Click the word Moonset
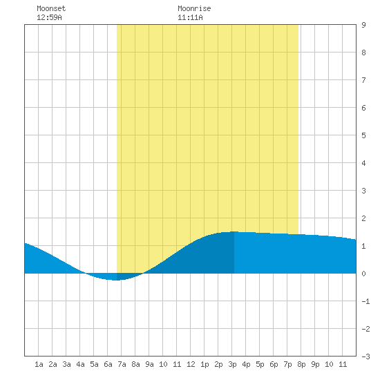51,8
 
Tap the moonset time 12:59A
49,17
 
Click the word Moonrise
194,8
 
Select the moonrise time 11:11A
190,17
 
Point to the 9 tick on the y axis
363,25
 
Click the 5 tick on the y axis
363,135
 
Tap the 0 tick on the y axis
363,274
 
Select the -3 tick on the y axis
365,357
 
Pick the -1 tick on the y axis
365,301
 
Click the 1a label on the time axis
39,364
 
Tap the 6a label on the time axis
108,364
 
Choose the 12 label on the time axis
191,364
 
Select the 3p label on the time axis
232,365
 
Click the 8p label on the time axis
301,365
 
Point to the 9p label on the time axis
315,365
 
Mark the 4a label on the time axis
80,364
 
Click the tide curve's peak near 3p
234,231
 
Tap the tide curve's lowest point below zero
116,280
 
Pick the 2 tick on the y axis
363,218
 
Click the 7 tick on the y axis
363,80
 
